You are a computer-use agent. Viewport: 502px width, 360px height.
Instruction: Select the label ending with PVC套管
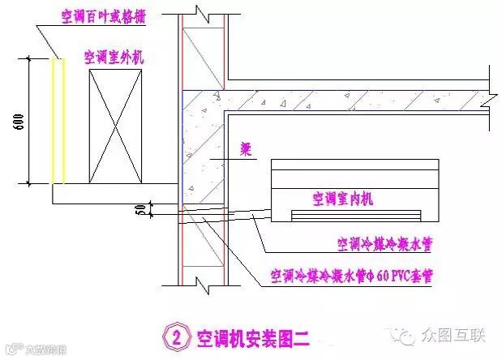(351, 276)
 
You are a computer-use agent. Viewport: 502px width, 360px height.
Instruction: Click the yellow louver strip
(56, 121)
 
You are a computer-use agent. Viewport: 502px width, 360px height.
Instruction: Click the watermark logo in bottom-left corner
(10, 351)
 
